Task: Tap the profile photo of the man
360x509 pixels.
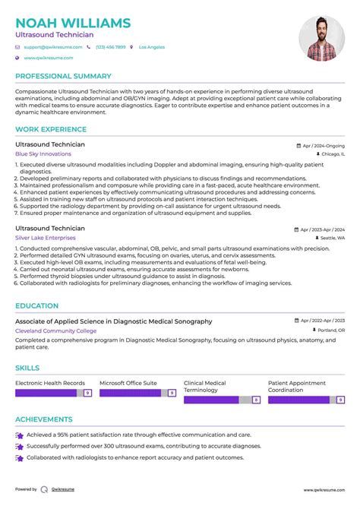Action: tap(321, 38)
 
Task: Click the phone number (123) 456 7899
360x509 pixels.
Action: tap(110, 47)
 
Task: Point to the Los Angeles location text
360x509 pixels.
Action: tap(152, 47)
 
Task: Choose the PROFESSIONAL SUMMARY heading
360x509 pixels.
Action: tap(63, 77)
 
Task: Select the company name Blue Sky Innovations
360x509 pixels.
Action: tap(43, 153)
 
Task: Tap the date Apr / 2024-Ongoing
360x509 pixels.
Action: tap(324, 144)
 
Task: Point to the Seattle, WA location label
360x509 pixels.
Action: tap(331, 238)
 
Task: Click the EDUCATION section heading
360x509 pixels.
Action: tap(37, 306)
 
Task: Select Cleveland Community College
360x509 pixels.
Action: tap(55, 331)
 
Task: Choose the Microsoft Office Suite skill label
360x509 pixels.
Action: tap(128, 382)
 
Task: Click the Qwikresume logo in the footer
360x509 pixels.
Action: tap(46, 489)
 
